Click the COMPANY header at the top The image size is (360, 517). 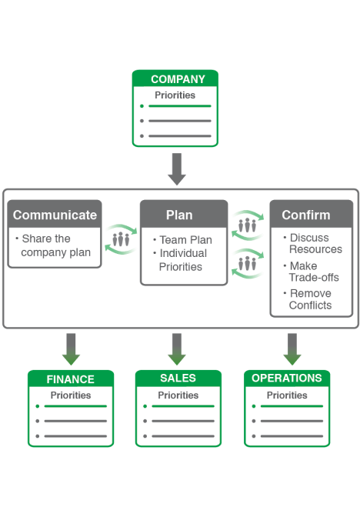[178, 79]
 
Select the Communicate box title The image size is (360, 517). [55, 215]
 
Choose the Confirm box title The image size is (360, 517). [305, 215]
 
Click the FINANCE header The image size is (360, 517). [71, 379]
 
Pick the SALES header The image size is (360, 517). [178, 378]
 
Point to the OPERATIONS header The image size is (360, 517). [287, 378]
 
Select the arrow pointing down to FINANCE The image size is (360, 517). [71, 349]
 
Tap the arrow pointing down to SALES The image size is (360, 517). [177, 349]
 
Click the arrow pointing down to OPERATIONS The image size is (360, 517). [292, 349]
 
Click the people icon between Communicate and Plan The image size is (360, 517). [121, 238]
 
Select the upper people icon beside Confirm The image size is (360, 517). [247, 225]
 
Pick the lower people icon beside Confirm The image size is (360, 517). [247, 264]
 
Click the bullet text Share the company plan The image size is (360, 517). [55, 245]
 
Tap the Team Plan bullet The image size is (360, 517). [185, 240]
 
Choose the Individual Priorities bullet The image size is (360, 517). [182, 260]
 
